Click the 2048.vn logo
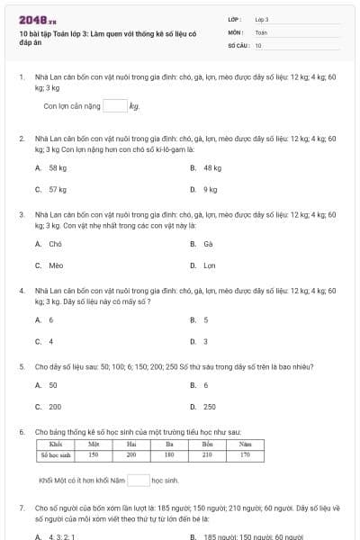coord(37,19)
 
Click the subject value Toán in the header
coord(261,32)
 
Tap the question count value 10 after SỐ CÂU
coord(258,45)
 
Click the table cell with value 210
coord(207,455)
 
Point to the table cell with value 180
coord(169,455)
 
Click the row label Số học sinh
coord(55,455)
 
